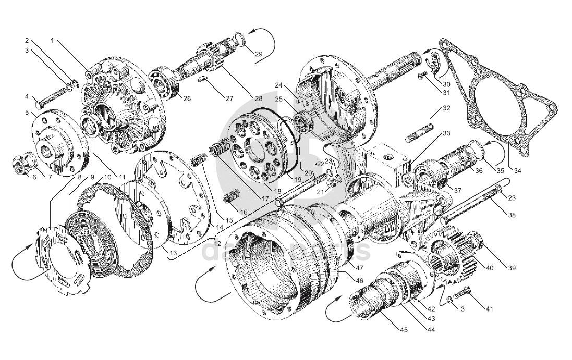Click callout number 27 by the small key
[x=229, y=97]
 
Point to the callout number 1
[x=53, y=40]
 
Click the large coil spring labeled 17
[x=219, y=147]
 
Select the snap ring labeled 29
[x=240, y=38]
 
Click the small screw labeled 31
[x=421, y=77]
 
